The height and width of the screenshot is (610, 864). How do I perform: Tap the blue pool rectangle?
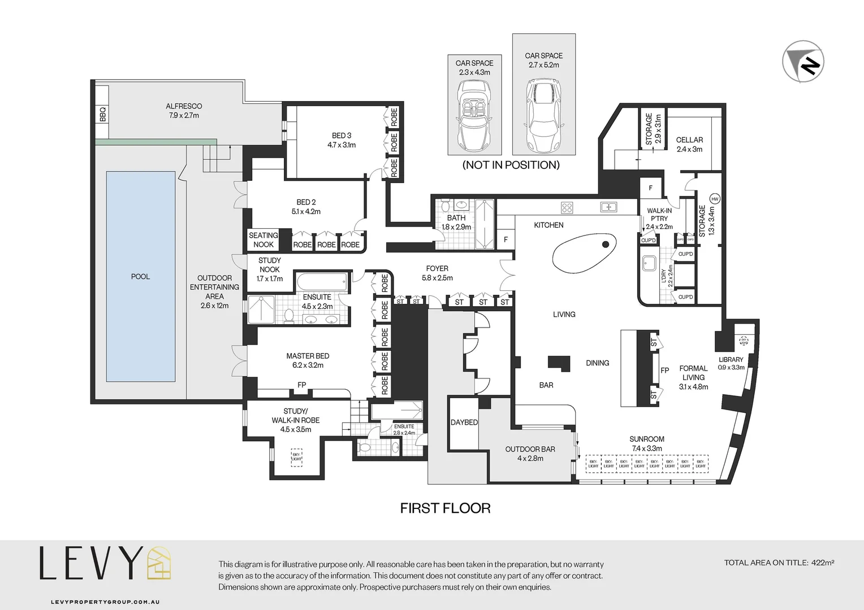click(x=140, y=276)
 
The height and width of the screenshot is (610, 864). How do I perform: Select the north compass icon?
click(x=803, y=62)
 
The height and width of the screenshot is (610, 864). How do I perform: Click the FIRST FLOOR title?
click(x=445, y=508)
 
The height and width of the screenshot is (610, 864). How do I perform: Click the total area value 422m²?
click(x=823, y=563)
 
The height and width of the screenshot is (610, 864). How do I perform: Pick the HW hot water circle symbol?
click(x=715, y=199)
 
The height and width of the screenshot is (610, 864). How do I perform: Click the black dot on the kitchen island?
click(x=606, y=245)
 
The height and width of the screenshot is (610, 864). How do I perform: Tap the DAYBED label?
click(x=464, y=422)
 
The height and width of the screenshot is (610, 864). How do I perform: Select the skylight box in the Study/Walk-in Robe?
click(x=296, y=456)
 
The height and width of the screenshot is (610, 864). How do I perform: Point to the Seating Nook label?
click(x=263, y=239)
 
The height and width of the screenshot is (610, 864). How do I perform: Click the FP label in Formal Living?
click(x=665, y=371)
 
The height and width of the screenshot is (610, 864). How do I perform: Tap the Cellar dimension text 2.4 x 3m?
click(x=689, y=149)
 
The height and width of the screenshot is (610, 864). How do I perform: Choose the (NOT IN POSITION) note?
click(x=511, y=165)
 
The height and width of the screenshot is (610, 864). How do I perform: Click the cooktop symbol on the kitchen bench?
click(x=567, y=207)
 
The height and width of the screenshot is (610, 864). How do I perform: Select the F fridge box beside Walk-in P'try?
click(x=650, y=188)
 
